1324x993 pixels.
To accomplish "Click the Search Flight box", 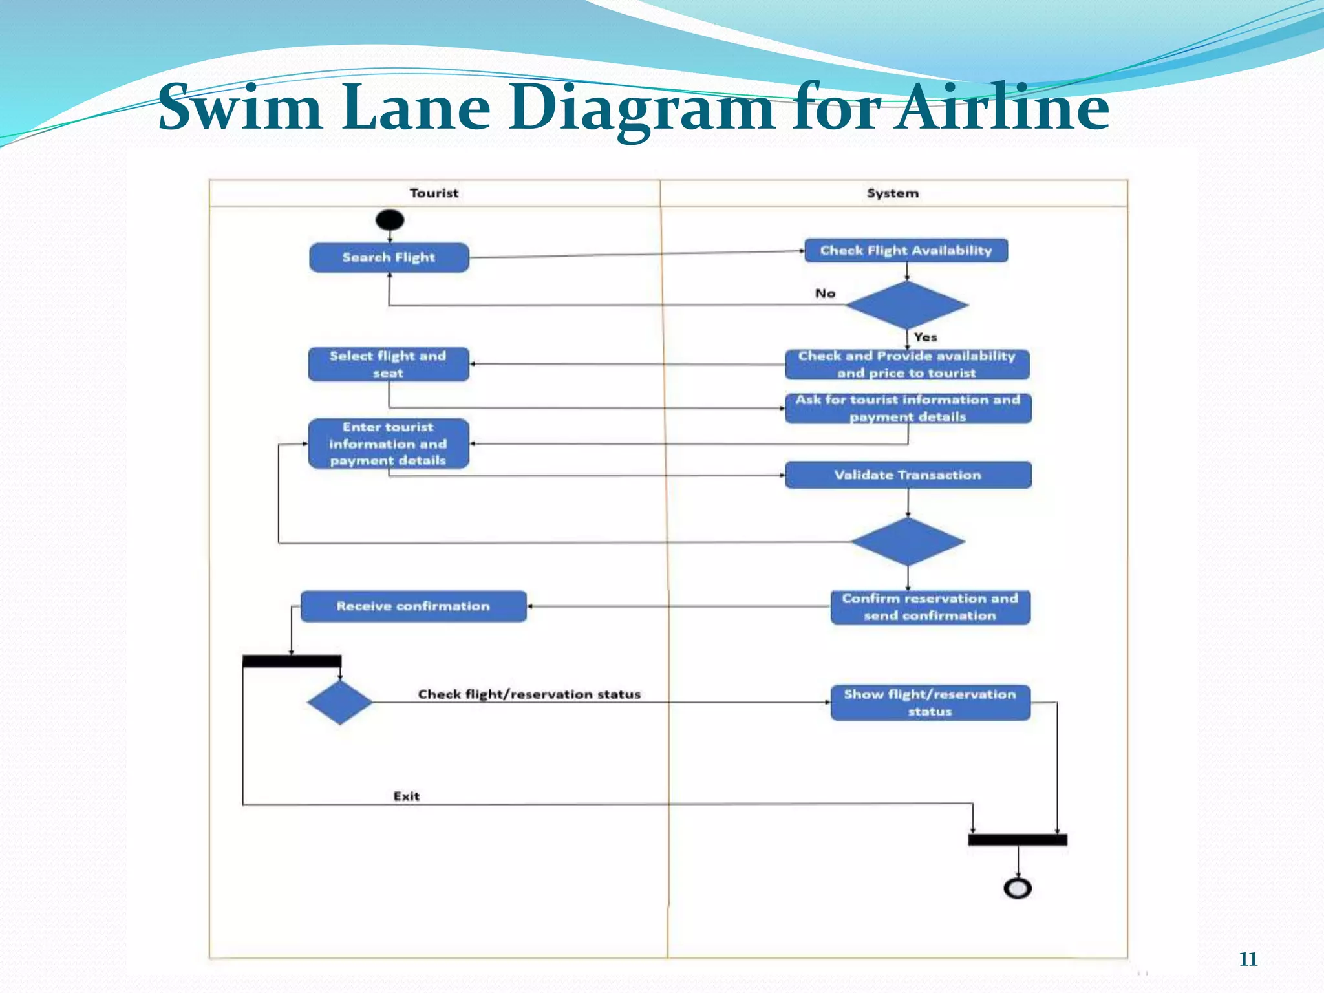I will point(389,257).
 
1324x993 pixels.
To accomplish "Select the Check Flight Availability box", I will point(906,250).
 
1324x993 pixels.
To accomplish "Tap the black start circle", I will point(389,220).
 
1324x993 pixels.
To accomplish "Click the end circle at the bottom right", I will point(1018,888).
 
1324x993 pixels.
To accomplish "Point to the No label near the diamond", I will point(825,294).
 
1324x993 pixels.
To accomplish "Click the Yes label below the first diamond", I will point(925,337).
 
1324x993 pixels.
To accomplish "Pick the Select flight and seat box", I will point(389,364).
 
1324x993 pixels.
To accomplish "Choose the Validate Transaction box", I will point(908,475).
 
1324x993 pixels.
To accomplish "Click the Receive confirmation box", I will point(413,606).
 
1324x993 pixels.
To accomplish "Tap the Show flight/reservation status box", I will point(930,703).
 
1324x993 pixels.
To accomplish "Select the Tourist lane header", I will point(434,193).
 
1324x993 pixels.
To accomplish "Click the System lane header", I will point(892,193).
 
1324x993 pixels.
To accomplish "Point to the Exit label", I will point(406,796).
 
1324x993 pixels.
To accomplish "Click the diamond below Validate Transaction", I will point(908,542).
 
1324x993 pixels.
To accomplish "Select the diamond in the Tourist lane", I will point(339,702).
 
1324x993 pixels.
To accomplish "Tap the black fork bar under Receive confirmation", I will point(292,661).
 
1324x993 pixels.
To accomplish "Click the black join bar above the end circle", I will point(1017,840).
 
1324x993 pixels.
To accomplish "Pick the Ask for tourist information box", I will point(908,408).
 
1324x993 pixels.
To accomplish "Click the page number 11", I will point(1248,959).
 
